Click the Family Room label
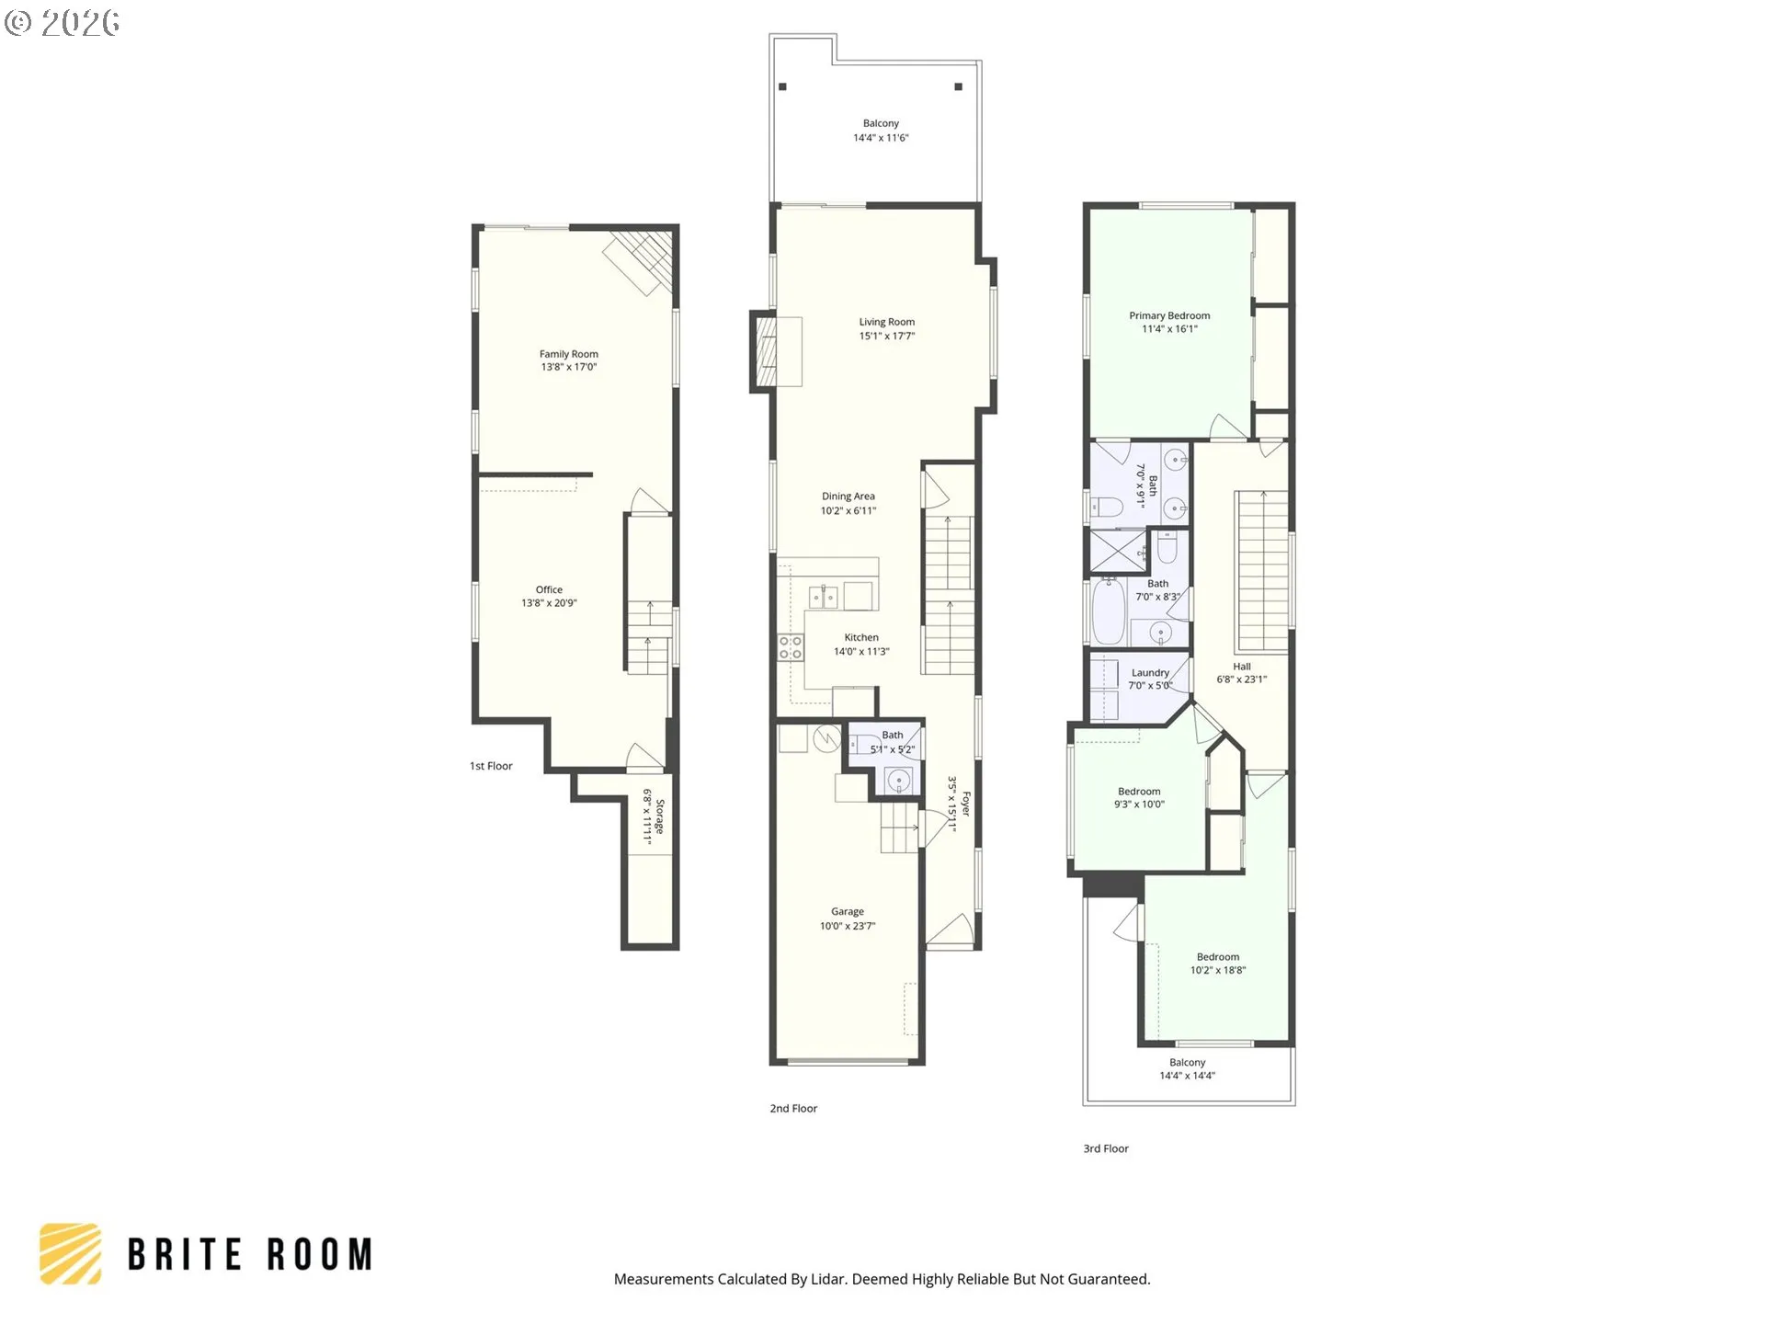tap(568, 354)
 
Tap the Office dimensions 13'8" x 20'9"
tap(549, 603)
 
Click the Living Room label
tap(886, 322)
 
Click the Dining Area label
tap(848, 496)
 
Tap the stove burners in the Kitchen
tap(790, 647)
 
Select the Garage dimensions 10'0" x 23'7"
tap(847, 926)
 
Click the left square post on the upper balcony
tap(783, 87)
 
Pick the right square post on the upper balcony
tap(958, 87)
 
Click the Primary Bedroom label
tap(1169, 315)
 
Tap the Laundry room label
tap(1150, 673)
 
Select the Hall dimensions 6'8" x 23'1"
tap(1241, 679)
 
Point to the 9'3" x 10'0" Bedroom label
tap(1139, 792)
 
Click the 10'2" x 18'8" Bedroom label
tap(1217, 957)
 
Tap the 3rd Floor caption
tap(1106, 1148)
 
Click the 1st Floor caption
tap(491, 766)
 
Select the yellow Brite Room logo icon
tap(71, 1253)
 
